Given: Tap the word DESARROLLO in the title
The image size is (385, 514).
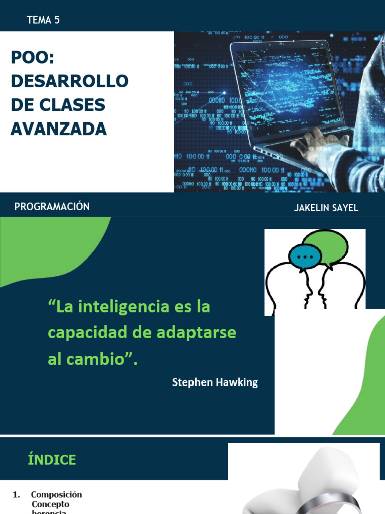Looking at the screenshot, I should pos(70,81).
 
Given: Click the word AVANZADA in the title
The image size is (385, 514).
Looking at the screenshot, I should pos(59,129).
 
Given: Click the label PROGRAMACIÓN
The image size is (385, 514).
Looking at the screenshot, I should pos(52,207).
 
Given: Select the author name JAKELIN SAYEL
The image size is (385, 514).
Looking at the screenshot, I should pos(326,208).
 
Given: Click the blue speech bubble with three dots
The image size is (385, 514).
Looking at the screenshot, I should pos(305,256).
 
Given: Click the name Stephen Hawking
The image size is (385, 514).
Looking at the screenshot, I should pos(215,382).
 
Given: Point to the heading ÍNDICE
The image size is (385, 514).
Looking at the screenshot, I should pos(52,460).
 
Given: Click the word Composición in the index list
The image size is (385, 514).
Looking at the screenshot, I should pos(56,495).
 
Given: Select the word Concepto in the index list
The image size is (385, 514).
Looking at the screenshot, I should pos(50,504).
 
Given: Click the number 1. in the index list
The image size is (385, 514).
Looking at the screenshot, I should pos(17,495).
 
